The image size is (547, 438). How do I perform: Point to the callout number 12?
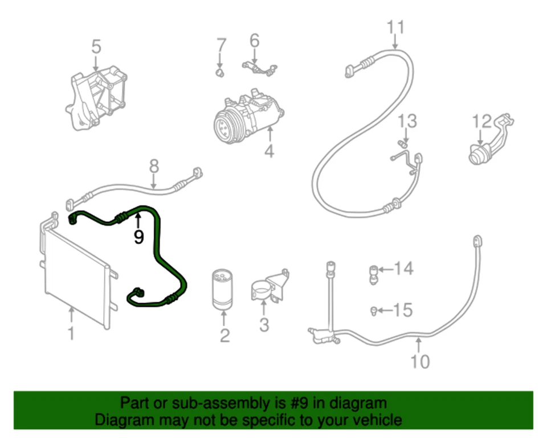click(481, 121)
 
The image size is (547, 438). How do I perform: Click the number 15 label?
click(402, 310)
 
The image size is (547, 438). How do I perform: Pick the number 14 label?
click(403, 268)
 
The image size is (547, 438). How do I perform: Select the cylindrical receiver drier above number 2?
click(223, 290)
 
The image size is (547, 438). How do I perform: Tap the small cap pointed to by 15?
click(373, 310)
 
